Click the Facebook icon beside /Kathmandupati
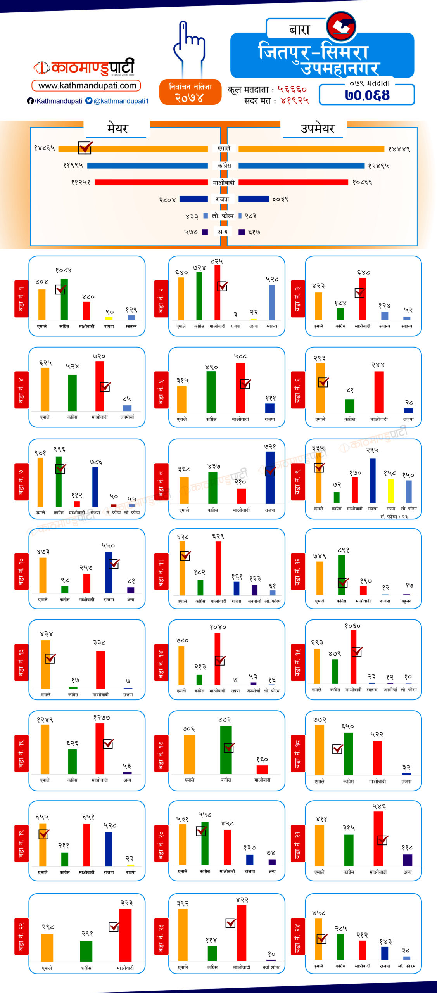tap(30, 101)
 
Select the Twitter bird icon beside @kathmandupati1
tap(89, 101)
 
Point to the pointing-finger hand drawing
tap(188, 48)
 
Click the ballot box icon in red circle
tap(341, 26)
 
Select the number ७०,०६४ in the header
tap(367, 95)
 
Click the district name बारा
tap(300, 30)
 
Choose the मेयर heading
tap(117, 128)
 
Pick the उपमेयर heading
tap(317, 128)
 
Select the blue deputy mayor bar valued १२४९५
tap(301, 166)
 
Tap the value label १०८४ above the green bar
tap(64, 270)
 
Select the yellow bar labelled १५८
tap(390, 491)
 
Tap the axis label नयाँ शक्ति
tap(271, 967)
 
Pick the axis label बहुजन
tap(407, 601)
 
